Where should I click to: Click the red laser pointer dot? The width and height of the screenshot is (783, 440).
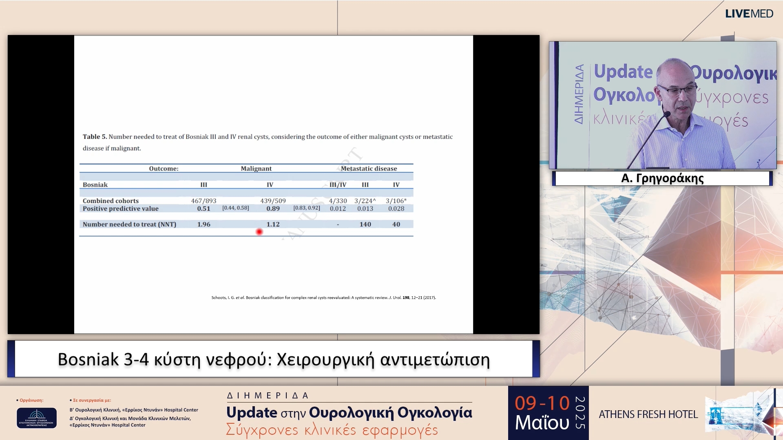click(259, 232)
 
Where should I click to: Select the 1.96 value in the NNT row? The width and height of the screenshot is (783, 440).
click(203, 224)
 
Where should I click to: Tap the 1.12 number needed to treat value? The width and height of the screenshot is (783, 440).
click(273, 224)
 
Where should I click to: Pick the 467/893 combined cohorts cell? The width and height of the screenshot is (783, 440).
click(203, 201)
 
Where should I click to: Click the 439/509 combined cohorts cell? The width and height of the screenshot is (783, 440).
click(273, 201)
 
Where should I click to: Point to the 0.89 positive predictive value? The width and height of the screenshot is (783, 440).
click(273, 209)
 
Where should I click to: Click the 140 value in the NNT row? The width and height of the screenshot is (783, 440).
click(365, 224)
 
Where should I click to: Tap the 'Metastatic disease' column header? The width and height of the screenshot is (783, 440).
click(369, 169)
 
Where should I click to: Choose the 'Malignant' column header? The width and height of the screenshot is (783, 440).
click(256, 169)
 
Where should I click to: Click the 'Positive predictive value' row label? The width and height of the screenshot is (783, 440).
click(120, 209)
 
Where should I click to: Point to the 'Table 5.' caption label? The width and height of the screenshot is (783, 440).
click(95, 137)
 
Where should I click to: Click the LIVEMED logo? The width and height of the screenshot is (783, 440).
click(749, 14)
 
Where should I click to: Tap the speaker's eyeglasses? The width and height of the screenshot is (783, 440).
click(677, 90)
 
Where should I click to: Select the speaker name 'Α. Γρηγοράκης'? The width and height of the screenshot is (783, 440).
click(662, 178)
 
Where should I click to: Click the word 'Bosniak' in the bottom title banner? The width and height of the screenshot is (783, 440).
click(88, 360)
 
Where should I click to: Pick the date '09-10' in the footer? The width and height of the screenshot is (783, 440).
click(542, 403)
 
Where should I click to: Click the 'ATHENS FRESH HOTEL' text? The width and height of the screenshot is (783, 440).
click(648, 414)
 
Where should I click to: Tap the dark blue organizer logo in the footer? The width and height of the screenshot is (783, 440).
click(37, 418)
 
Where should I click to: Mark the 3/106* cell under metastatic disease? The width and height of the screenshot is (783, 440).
click(396, 201)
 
